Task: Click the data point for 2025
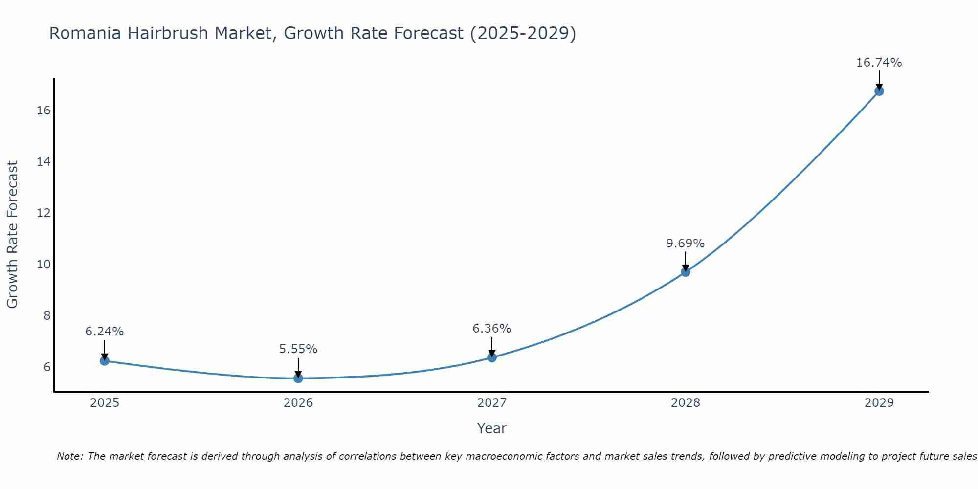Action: coord(105,361)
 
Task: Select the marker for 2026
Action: coord(298,378)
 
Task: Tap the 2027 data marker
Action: coord(492,357)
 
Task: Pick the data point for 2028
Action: coord(686,272)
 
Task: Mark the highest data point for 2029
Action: coord(879,91)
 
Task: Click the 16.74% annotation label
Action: coord(879,63)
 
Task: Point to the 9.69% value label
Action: coord(685,244)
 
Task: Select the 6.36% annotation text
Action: coord(491,329)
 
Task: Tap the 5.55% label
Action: coord(298,349)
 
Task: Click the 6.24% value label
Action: coord(105,332)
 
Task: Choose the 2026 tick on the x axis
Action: coord(298,403)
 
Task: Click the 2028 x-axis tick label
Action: coord(686,403)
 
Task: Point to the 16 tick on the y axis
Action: coord(44,111)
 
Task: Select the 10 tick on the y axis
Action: coord(44,265)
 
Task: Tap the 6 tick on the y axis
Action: coord(47,367)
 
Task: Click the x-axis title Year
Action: coord(491,428)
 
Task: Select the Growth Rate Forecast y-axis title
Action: coord(12,235)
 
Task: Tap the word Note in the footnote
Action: coord(69,457)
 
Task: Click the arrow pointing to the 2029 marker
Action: coord(879,80)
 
